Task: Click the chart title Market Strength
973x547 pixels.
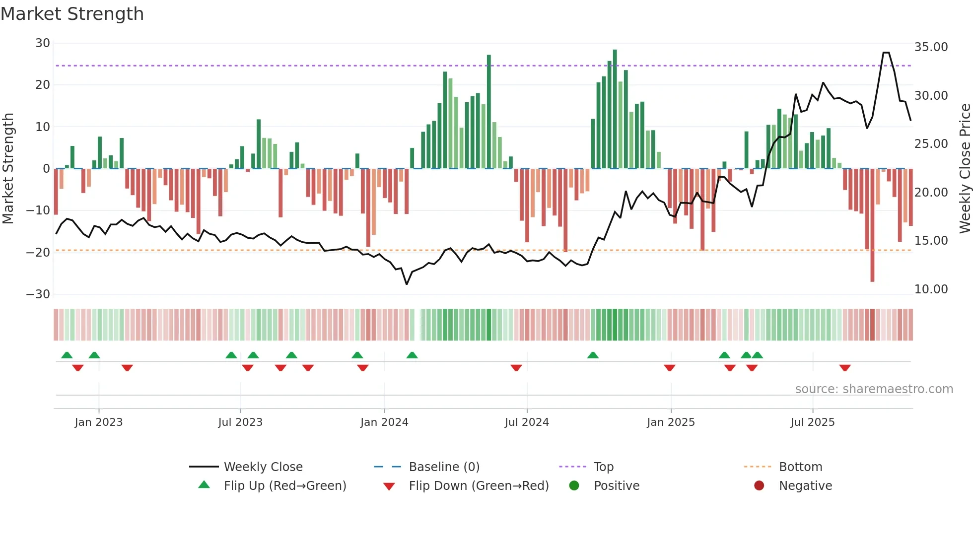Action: tap(72, 14)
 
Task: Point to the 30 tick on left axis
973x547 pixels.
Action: tap(43, 43)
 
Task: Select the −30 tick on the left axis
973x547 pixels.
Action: tap(38, 294)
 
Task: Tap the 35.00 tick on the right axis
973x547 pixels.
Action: tap(931, 47)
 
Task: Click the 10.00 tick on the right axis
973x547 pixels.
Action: tap(931, 289)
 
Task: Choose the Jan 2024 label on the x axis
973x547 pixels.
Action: tap(384, 422)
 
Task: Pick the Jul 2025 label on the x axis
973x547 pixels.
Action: tap(812, 422)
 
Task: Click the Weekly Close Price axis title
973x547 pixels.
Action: tap(965, 168)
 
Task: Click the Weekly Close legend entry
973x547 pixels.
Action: tap(263, 467)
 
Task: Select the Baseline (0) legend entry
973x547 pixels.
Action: tap(444, 467)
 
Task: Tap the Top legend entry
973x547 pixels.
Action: tap(603, 467)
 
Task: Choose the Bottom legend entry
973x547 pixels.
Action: tap(800, 467)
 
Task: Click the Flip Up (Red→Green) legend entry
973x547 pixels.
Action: tap(284, 486)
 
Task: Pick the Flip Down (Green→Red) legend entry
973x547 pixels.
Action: tap(479, 486)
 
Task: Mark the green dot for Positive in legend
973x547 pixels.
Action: tap(574, 486)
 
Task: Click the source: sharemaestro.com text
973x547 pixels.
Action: tap(874, 389)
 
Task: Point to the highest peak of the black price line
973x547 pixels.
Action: tap(886, 53)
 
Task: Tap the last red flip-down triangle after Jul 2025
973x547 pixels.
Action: tap(845, 368)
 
